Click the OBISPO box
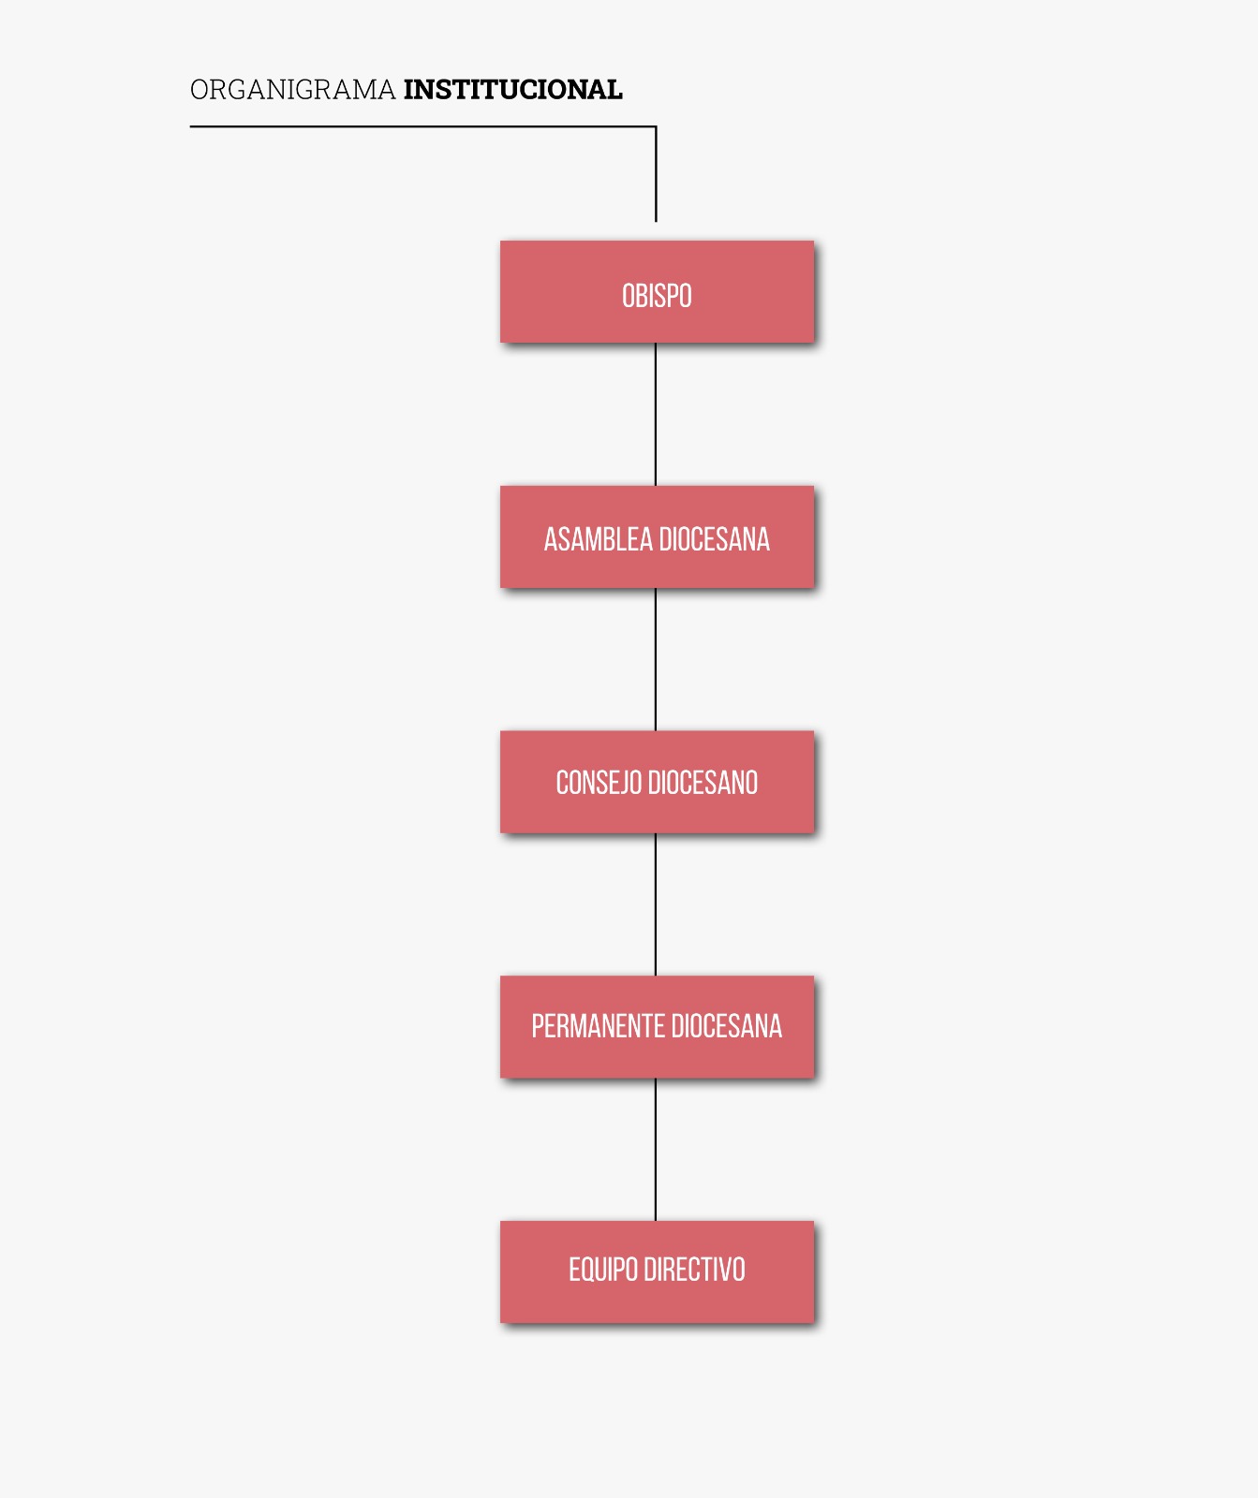pyautogui.click(x=657, y=291)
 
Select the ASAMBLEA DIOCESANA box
pyautogui.click(x=657, y=536)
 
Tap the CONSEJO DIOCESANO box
pyautogui.click(x=657, y=782)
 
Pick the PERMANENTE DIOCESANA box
pyautogui.click(x=657, y=1027)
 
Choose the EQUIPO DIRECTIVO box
pyautogui.click(x=657, y=1271)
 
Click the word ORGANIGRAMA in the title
pyautogui.click(x=292, y=90)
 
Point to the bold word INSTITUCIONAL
pyautogui.click(x=512, y=90)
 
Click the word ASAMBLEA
pyautogui.click(x=598, y=539)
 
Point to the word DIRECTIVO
pyautogui.click(x=694, y=1270)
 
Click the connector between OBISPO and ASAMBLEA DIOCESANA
pyautogui.click(x=656, y=414)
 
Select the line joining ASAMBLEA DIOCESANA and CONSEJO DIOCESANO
pyautogui.click(x=656, y=659)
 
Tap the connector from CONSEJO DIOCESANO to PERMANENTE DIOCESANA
pyautogui.click(x=656, y=904)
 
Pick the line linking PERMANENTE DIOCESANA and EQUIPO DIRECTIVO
pyautogui.click(x=656, y=1150)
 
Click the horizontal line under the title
pyautogui.click(x=423, y=126)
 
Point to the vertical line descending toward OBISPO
pyautogui.click(x=656, y=174)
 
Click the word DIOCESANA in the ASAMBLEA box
pyautogui.click(x=714, y=539)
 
